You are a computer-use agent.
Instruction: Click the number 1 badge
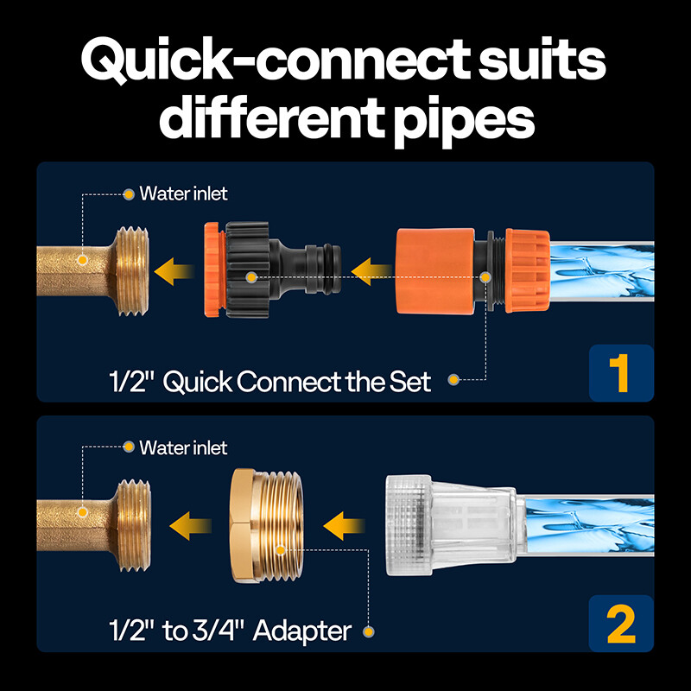pos(621,371)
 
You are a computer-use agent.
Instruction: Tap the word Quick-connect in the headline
pos(242,63)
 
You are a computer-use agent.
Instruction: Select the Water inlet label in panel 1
pos(183,193)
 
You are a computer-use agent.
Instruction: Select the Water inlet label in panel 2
pos(183,447)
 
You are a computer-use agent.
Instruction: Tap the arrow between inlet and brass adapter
pos(189,523)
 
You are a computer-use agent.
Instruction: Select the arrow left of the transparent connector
pos(345,523)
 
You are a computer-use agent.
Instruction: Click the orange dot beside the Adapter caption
pos(370,631)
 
